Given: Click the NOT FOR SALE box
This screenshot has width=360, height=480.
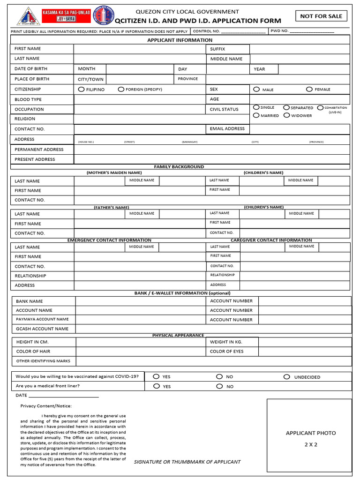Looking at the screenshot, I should [x=321, y=16].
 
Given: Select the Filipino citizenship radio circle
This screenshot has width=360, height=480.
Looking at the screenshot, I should [x=82, y=89].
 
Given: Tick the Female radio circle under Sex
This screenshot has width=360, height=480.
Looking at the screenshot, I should [x=309, y=89].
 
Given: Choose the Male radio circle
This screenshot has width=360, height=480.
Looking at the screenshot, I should [x=256, y=89].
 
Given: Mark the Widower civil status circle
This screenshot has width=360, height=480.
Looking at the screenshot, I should [x=287, y=115].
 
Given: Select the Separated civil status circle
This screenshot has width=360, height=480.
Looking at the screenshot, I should [x=286, y=107].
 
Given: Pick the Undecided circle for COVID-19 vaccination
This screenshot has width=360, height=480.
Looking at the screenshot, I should [x=286, y=376].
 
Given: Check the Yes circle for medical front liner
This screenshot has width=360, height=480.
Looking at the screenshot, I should [x=156, y=386].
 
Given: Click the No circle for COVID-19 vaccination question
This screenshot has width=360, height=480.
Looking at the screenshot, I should [x=219, y=376].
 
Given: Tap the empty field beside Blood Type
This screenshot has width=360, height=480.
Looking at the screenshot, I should [x=140, y=99].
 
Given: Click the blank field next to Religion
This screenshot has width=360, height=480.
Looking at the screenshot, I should [x=140, y=119].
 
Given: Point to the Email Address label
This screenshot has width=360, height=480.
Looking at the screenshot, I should [x=227, y=128].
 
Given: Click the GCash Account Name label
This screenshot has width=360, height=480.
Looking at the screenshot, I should [x=42, y=329].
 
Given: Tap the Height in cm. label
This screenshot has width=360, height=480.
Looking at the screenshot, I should [x=32, y=342].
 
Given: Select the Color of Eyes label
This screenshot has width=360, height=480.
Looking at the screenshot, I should [x=227, y=351].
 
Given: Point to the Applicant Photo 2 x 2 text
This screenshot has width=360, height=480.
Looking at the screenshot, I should [x=311, y=438].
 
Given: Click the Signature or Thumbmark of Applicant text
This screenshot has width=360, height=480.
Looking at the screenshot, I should [x=187, y=462].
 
